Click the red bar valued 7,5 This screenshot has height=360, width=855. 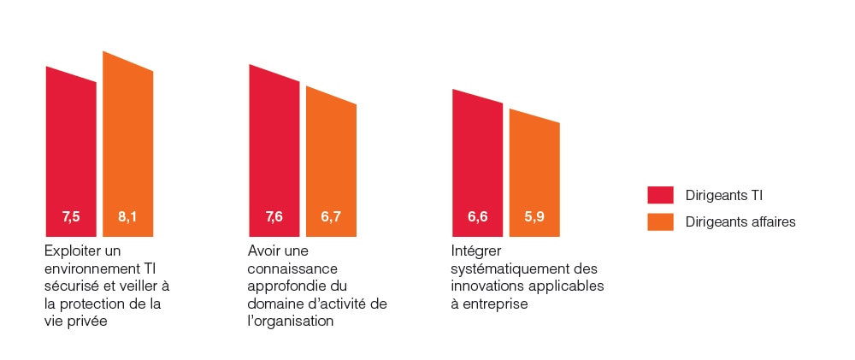71,154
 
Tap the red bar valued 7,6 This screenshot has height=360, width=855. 274,154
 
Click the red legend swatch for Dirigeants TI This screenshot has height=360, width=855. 660,195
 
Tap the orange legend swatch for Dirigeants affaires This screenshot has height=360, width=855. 660,221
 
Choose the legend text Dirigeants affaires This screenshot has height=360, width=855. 740,221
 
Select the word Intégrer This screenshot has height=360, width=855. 475,251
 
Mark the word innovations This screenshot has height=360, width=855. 484,286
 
